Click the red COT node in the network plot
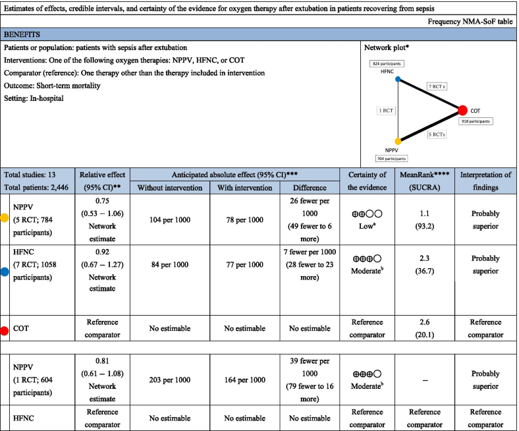pyautogui.click(x=462, y=110)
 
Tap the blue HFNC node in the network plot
pyautogui.click(x=398, y=79)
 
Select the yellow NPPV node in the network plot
pyautogui.click(x=398, y=141)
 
